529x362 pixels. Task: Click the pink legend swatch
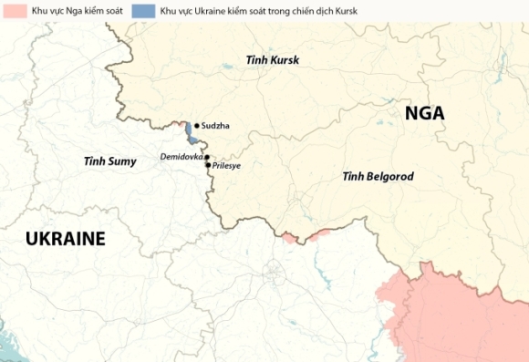pos(15,12)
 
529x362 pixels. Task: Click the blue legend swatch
pos(143,12)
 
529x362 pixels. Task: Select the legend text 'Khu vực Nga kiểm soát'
pos(78,12)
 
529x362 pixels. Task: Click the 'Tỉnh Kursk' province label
pos(272,60)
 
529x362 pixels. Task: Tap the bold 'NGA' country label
pos(425,113)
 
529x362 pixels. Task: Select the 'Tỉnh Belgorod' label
pos(378,175)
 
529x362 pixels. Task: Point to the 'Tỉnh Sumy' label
pos(109,161)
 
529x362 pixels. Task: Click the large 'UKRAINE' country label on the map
pos(65,239)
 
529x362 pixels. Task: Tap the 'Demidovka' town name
pos(181,157)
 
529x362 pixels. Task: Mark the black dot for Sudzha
pos(197,126)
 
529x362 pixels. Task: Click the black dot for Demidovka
pos(207,157)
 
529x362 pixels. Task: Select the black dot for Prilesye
pos(208,165)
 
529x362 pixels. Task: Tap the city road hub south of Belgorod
pos(274,271)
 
